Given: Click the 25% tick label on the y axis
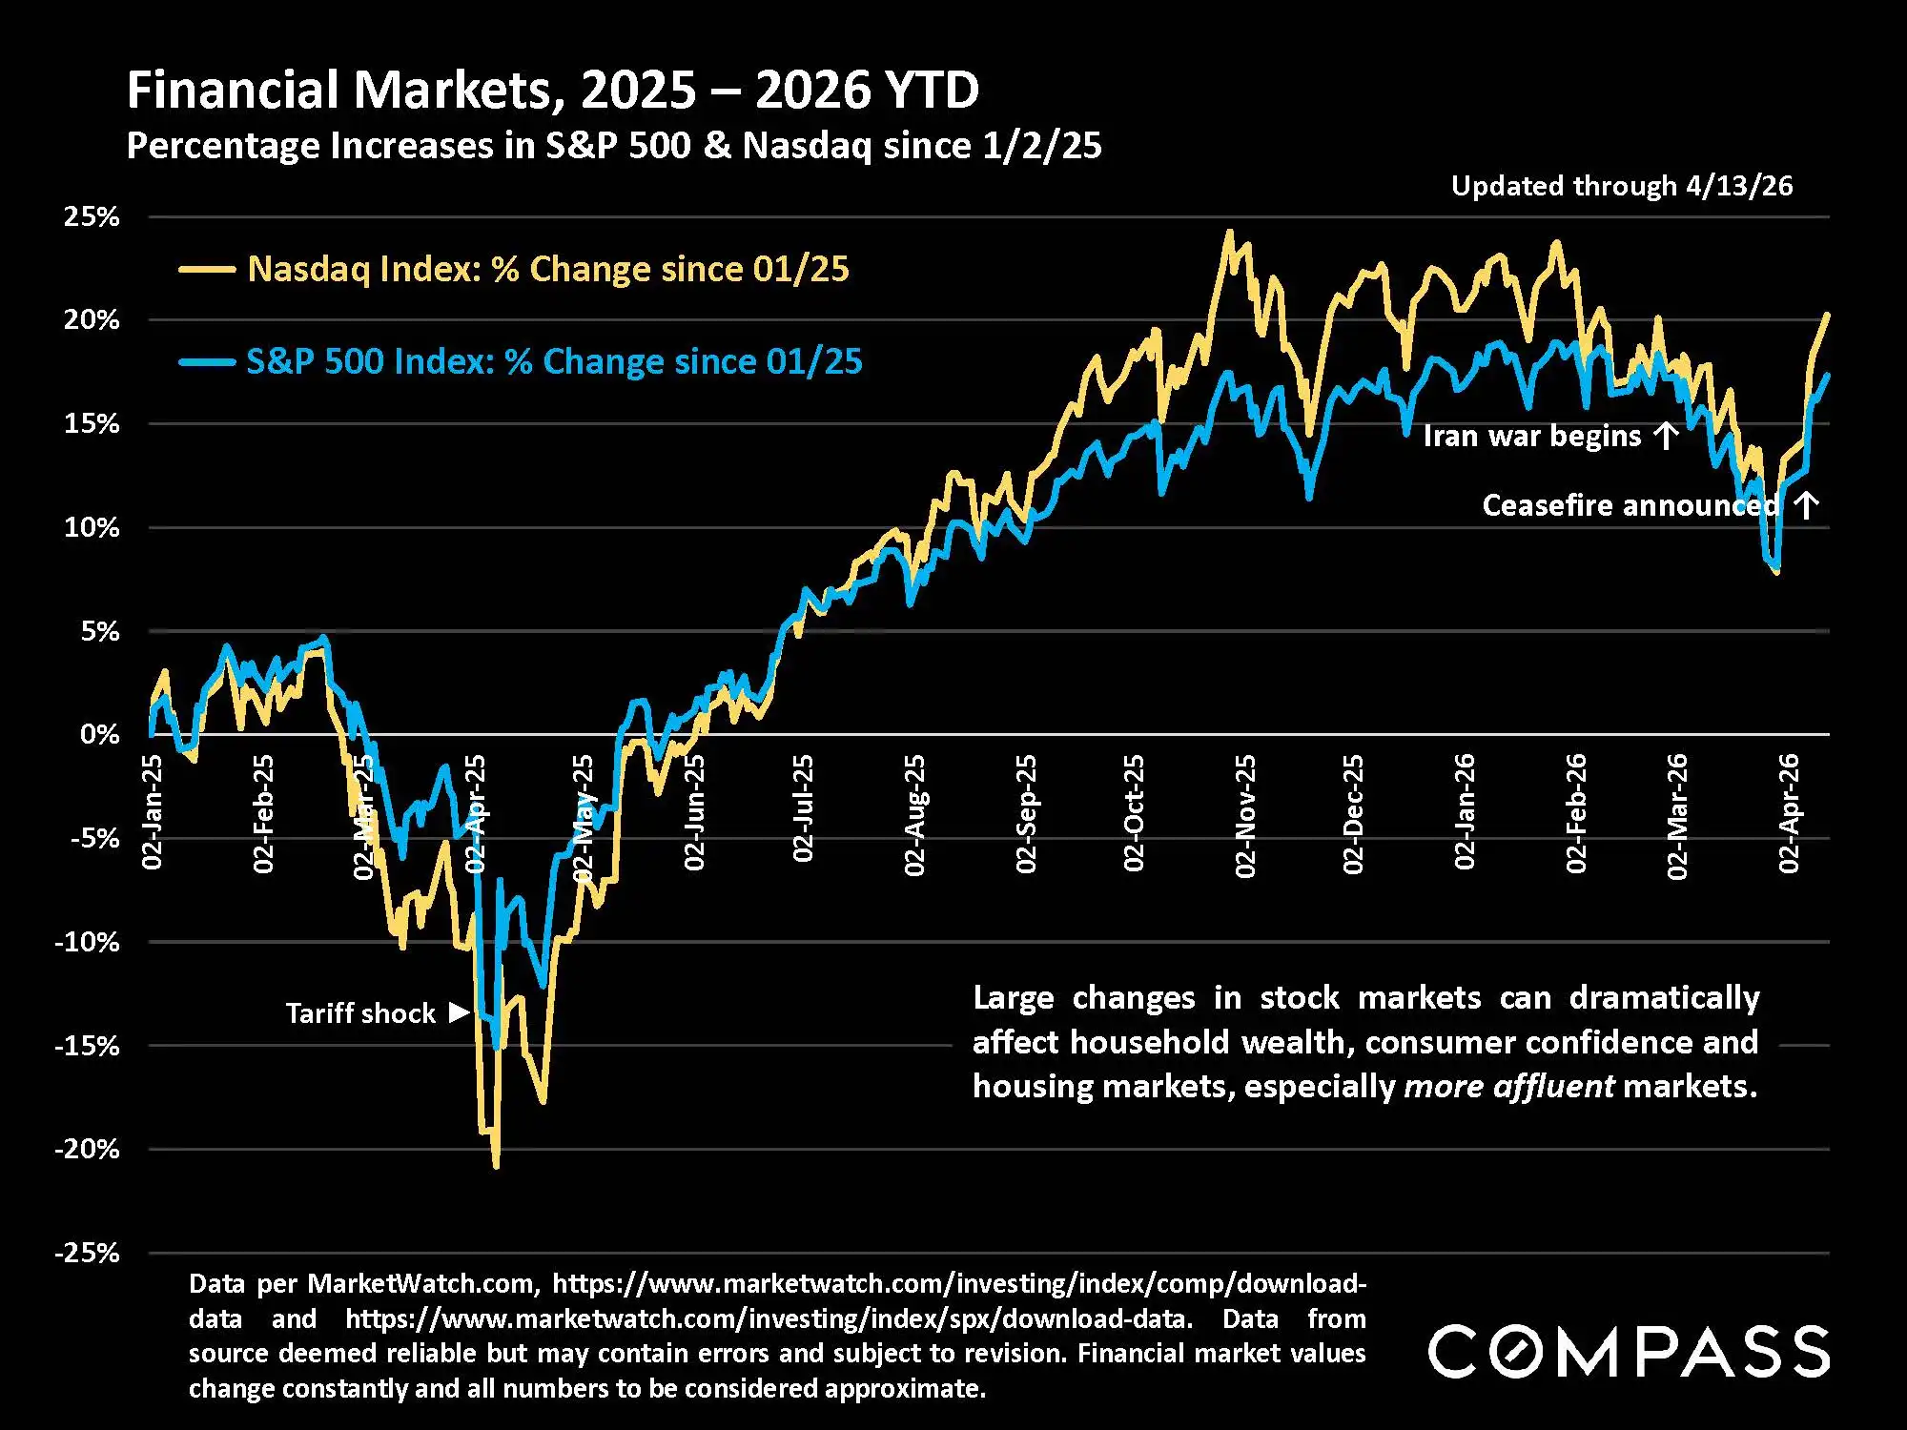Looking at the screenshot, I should click(92, 216).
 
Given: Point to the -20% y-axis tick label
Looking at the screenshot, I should click(87, 1149).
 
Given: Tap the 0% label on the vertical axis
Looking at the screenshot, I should click(100, 734).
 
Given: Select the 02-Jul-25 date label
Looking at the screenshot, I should click(804, 808).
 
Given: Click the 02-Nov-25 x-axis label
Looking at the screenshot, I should click(1245, 815).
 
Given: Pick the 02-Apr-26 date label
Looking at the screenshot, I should click(1790, 813).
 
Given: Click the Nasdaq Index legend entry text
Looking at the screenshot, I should click(547, 270).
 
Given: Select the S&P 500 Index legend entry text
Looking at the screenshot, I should click(554, 362).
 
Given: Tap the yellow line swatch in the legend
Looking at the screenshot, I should click(207, 270).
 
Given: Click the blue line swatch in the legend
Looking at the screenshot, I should click(207, 362).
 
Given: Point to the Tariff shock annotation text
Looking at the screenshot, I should click(360, 1012).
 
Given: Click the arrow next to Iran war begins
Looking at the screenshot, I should click(1666, 436).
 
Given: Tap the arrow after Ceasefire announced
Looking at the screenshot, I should click(1806, 505).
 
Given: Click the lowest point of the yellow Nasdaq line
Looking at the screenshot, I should click(496, 1165).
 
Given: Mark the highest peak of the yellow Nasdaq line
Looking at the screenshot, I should click(1229, 232).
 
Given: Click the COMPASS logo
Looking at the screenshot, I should click(1629, 1351).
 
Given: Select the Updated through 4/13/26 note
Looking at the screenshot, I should click(1621, 186).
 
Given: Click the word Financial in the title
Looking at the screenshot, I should click(234, 91).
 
